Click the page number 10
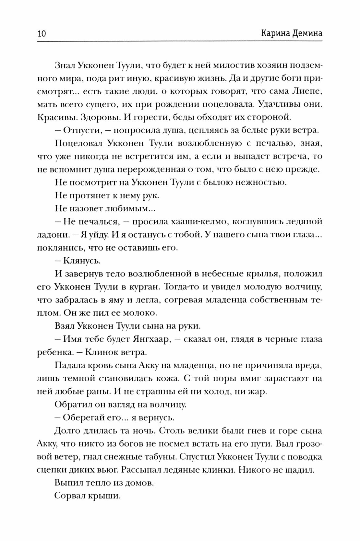coord(42,34)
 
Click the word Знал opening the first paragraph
coord(66,65)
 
